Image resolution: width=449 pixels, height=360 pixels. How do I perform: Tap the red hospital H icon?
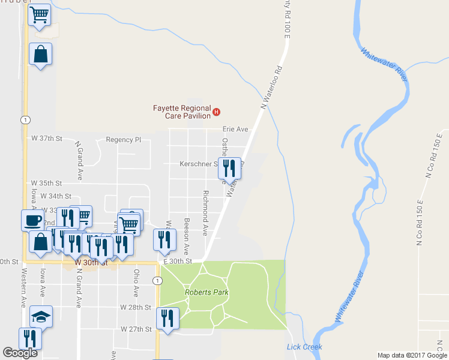point(217,112)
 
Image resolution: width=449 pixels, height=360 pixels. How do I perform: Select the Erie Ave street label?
point(235,129)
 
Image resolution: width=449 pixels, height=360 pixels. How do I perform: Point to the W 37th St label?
point(47,139)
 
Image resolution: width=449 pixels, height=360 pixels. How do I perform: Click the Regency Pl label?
point(123,140)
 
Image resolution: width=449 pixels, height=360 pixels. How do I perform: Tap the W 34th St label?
point(56,196)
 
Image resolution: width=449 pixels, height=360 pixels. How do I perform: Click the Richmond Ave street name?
point(205,213)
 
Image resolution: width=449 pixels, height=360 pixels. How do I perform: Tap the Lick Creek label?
point(304,347)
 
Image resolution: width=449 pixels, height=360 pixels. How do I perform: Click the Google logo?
point(20,353)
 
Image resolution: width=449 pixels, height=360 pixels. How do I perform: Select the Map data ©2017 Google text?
point(411,355)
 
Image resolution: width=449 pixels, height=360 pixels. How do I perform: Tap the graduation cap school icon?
point(40,316)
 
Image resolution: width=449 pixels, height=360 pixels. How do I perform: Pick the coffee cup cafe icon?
point(32,219)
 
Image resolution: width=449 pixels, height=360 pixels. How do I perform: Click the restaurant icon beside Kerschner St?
point(229,166)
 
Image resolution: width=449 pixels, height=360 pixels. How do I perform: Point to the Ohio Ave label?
point(136,283)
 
